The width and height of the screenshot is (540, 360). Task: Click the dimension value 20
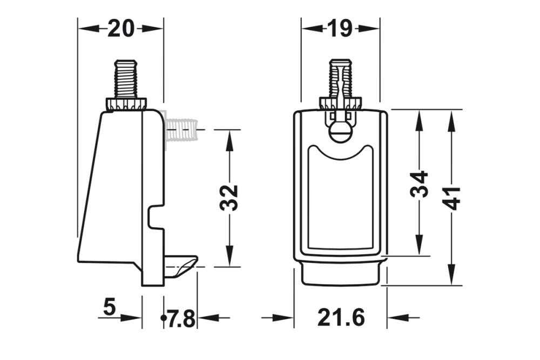(120, 28)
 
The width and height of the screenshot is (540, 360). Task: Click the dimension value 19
(340, 28)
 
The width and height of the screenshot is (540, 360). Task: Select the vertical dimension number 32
(230, 198)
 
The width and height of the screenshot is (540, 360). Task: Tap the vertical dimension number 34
(419, 184)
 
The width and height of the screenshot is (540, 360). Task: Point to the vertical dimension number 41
(451, 198)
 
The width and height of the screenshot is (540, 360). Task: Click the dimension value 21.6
(341, 318)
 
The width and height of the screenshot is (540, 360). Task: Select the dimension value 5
(109, 308)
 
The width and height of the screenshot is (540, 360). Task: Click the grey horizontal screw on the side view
(181, 130)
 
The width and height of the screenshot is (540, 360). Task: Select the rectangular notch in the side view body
(156, 216)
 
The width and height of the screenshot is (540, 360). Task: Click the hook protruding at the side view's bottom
(180, 265)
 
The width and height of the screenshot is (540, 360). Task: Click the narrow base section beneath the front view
(340, 274)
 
